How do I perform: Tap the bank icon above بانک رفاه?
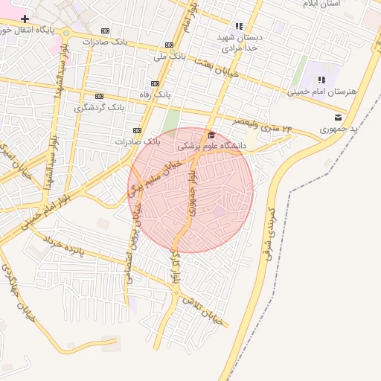pyautogui.click(x=155, y=83)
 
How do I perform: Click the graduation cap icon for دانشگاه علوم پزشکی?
pyautogui.click(x=211, y=135)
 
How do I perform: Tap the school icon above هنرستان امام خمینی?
pyautogui.click(x=321, y=80)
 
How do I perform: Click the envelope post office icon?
pyautogui.click(x=339, y=118)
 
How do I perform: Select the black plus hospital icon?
pyautogui.click(x=25, y=18)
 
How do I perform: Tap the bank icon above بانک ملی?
pyautogui.click(x=170, y=44)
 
